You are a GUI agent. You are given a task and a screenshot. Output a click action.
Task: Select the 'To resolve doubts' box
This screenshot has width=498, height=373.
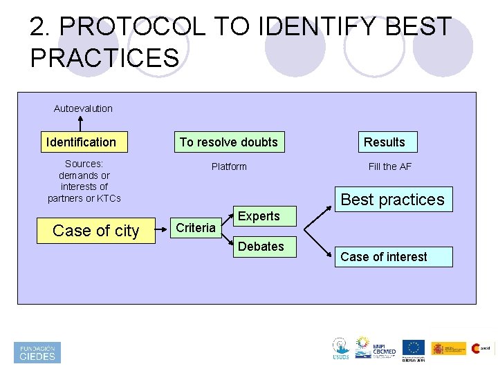[x=228, y=142]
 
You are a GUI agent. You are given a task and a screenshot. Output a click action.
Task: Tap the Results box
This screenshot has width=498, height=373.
[x=385, y=142]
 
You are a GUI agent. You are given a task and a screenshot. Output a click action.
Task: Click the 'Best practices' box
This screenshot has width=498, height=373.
[x=393, y=200]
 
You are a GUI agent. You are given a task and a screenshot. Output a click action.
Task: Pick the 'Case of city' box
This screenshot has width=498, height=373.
[x=96, y=231]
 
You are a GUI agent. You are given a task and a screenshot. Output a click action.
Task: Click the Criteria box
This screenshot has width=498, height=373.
[x=196, y=228]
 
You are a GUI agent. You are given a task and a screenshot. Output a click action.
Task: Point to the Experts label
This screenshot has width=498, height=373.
[x=259, y=216]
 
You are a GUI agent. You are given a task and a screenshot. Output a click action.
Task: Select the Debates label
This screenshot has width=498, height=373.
[x=261, y=247]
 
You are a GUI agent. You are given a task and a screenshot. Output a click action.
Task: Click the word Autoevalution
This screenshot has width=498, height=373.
[x=83, y=108]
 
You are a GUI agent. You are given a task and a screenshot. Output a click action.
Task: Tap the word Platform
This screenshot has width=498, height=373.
[x=229, y=166]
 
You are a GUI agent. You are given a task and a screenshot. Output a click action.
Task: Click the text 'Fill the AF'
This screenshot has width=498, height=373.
[x=390, y=166]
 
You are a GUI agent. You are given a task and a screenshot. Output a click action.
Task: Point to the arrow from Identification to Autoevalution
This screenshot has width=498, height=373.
[x=81, y=123]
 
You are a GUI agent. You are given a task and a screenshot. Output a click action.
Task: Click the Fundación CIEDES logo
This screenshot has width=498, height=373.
[x=37, y=352]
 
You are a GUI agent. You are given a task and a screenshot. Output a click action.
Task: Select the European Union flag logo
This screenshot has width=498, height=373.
[x=414, y=348]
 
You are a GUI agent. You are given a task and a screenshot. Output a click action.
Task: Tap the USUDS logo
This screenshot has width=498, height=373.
[x=340, y=349]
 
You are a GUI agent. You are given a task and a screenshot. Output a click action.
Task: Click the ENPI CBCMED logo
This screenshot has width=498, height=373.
[x=374, y=348]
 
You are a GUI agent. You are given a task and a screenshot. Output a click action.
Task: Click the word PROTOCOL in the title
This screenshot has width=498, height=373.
[x=133, y=28]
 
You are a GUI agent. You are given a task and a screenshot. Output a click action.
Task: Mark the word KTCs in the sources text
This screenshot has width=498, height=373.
[x=107, y=198]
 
